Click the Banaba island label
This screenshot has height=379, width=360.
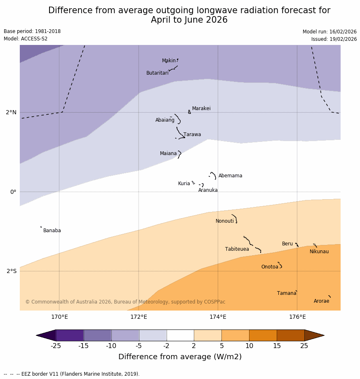(x=52, y=231)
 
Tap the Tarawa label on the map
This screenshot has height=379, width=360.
(x=192, y=134)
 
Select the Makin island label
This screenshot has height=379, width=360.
(x=169, y=61)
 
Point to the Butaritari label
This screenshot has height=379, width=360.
(x=157, y=73)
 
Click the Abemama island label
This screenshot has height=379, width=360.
(x=230, y=176)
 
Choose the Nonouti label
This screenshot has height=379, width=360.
(x=224, y=221)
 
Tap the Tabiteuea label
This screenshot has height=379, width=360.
(x=237, y=249)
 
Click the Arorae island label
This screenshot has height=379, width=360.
(x=321, y=301)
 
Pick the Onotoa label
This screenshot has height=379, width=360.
(x=270, y=267)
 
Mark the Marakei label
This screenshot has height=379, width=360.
(x=201, y=108)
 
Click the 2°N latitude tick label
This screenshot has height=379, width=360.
(x=11, y=112)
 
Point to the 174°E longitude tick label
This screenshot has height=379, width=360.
(x=218, y=317)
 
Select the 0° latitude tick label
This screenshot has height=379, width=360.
(x=13, y=192)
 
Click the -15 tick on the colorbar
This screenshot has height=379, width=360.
(x=83, y=346)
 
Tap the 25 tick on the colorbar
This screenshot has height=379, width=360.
(x=304, y=346)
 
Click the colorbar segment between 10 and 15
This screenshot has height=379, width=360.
(x=263, y=335)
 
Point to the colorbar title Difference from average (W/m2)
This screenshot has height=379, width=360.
(x=180, y=357)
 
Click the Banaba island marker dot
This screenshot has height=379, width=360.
(x=41, y=227)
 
